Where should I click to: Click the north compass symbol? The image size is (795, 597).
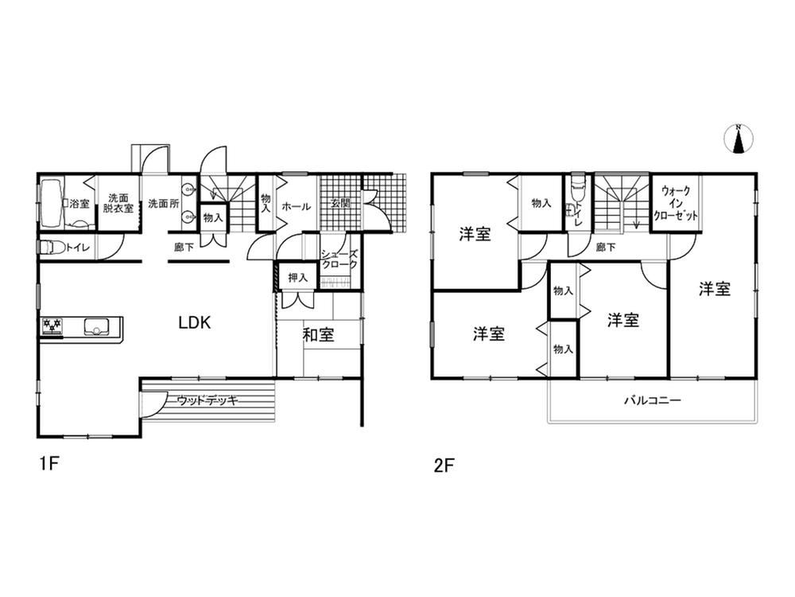tap(739, 139)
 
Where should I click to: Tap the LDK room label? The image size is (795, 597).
tap(195, 322)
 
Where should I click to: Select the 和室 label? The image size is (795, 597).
tap(319, 334)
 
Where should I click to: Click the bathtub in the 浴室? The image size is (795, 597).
tap(50, 202)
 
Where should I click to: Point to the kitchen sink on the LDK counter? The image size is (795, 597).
tap(96, 326)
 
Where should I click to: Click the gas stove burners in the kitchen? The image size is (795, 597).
tap(52, 326)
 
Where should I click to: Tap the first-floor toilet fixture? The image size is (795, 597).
tap(50, 248)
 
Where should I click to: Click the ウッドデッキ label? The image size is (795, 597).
tap(207, 401)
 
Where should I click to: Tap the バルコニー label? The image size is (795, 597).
tap(652, 400)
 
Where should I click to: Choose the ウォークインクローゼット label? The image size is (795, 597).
tap(676, 203)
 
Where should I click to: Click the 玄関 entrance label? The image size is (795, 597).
tap(340, 204)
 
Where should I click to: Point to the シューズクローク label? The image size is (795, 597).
tap(339, 259)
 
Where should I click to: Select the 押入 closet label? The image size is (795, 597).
tap(297, 278)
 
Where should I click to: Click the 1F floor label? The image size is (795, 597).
tap(50, 463)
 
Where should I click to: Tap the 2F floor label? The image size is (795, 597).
tap(444, 466)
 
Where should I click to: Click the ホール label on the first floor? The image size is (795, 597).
tap(296, 206)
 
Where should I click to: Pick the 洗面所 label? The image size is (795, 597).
tap(163, 204)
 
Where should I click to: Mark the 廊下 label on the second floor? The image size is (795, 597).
tap(606, 248)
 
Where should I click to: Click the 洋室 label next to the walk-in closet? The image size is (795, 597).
tap(715, 289)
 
